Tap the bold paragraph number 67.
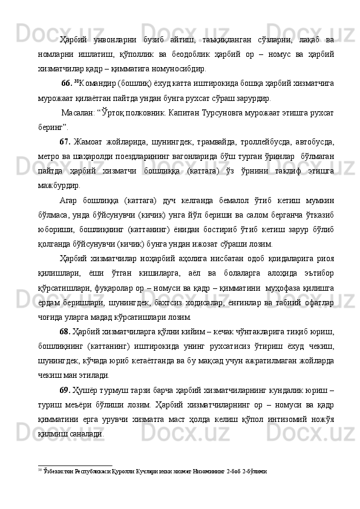click(x=66, y=143)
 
